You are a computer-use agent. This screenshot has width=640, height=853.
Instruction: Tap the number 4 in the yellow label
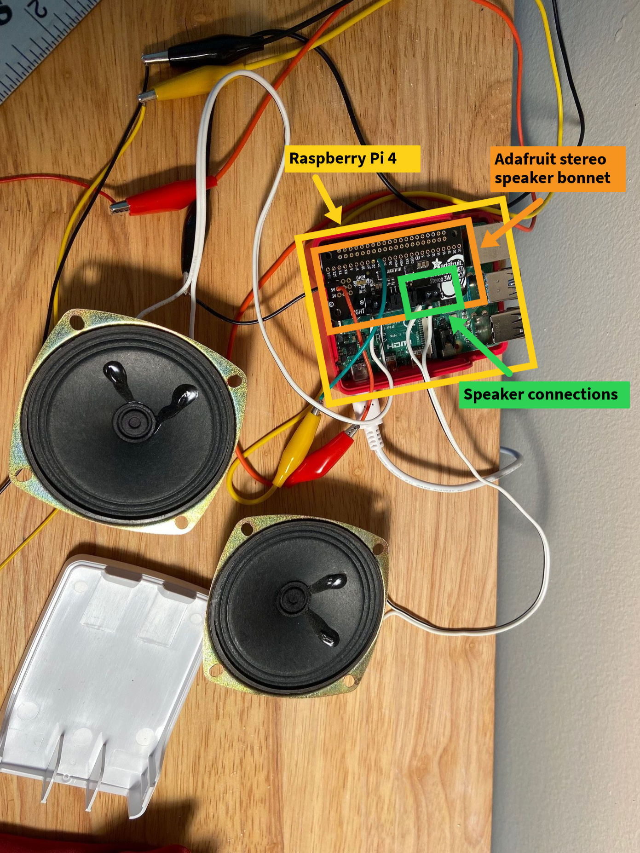(392, 159)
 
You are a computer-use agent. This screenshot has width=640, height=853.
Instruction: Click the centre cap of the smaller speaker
(293, 599)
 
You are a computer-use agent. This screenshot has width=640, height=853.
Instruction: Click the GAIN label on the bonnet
(361, 278)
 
